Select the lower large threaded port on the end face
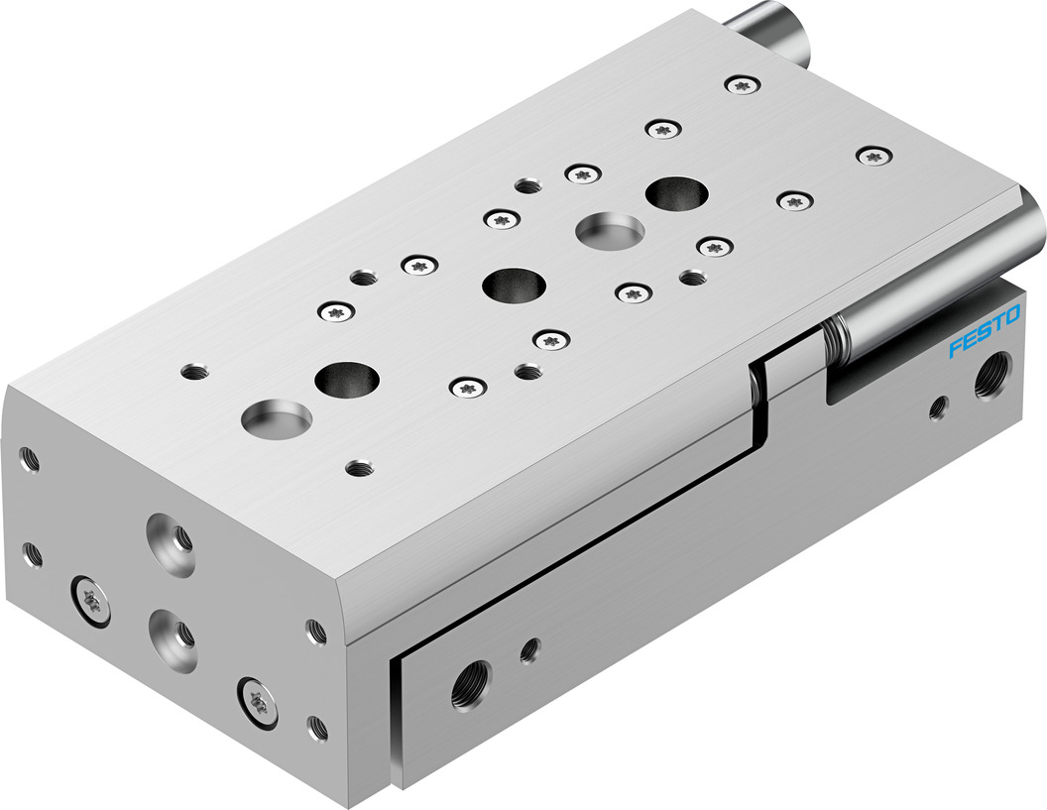pos(165,627)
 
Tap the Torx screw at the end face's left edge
pos(89,596)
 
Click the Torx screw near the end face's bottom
pos(255,698)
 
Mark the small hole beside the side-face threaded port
pos(529,649)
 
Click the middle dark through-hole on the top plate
pos(514,287)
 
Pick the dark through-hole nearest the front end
pos(348,378)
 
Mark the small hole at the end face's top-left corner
pos(29,458)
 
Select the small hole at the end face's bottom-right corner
pos(317,728)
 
